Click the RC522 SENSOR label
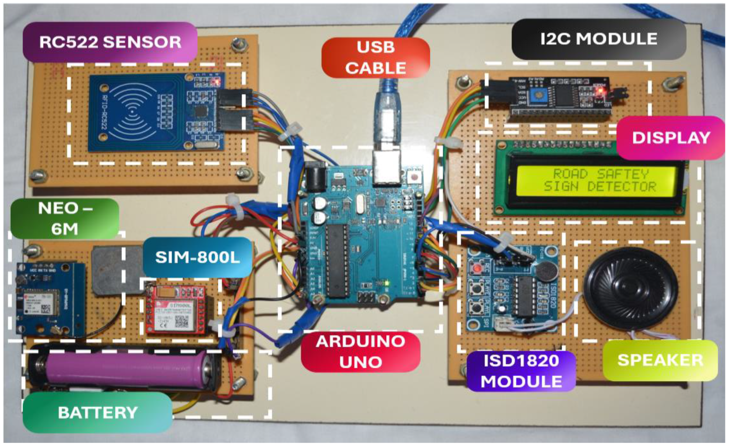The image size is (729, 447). coord(110,42)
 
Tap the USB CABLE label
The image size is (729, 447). coord(375,57)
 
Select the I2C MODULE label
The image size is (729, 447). coord(598,39)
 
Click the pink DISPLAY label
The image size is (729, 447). coord(671,137)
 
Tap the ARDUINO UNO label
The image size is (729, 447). coord(360,352)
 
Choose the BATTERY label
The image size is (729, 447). coord(97,412)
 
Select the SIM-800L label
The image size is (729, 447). coord(197,257)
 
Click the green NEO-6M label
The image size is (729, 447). coord(65,218)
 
